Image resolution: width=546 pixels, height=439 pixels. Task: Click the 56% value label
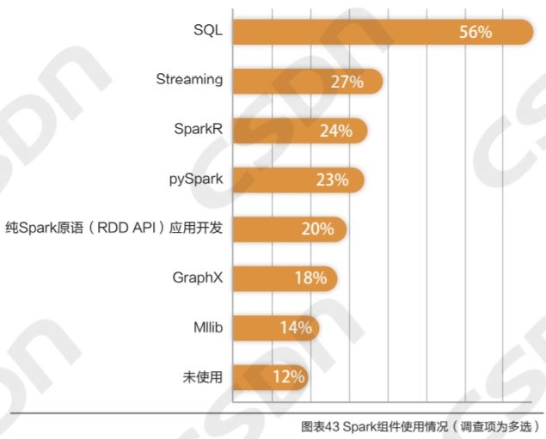click(x=475, y=32)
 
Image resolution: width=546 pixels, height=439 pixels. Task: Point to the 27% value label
click(x=347, y=82)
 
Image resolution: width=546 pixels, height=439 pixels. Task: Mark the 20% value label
click(x=316, y=229)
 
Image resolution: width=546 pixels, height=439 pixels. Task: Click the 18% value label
click(x=309, y=277)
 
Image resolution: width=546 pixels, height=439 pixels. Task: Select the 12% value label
click(x=288, y=376)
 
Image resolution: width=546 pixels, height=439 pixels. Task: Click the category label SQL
click(x=207, y=30)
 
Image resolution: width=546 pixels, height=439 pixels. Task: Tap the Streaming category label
click(x=189, y=80)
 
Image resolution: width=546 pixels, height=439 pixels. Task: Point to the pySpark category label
click(x=196, y=180)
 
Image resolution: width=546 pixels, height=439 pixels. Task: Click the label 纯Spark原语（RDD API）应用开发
click(x=113, y=229)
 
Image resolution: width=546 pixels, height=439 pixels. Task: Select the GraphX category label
click(x=198, y=277)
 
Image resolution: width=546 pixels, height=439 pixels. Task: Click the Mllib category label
click(x=209, y=327)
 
